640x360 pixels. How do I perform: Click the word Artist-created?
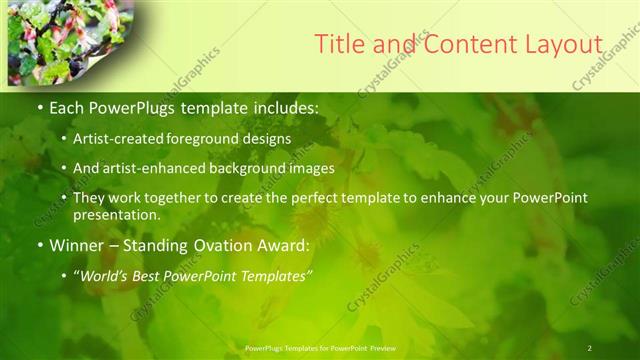[x=116, y=139]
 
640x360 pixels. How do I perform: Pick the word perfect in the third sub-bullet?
[x=315, y=198]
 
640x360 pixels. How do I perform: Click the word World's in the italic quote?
[x=105, y=275]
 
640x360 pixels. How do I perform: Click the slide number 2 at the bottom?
[x=590, y=347]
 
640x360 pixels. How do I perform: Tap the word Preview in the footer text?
[x=378, y=348]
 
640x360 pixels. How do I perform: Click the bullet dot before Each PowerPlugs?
[x=39, y=106]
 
